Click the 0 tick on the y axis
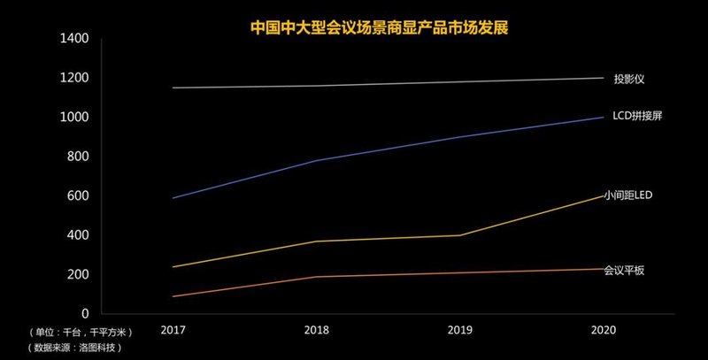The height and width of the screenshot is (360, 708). pos(86,314)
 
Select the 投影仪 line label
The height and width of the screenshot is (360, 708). pos(628,79)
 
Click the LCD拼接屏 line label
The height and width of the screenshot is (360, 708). pos(637,117)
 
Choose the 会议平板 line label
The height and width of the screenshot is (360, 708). pos(624,270)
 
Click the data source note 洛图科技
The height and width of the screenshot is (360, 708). pos(75,348)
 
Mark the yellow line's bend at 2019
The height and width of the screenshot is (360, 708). pos(460,235)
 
